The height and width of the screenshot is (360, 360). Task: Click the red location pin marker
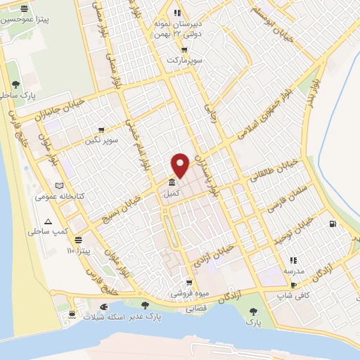(181, 165)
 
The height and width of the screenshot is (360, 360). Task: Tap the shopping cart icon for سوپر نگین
(101, 129)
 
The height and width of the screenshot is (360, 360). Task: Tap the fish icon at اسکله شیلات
(104, 307)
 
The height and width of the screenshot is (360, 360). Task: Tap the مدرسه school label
(294, 271)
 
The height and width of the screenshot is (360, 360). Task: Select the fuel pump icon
(332, 225)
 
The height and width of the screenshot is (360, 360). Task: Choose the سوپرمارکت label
(184, 61)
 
